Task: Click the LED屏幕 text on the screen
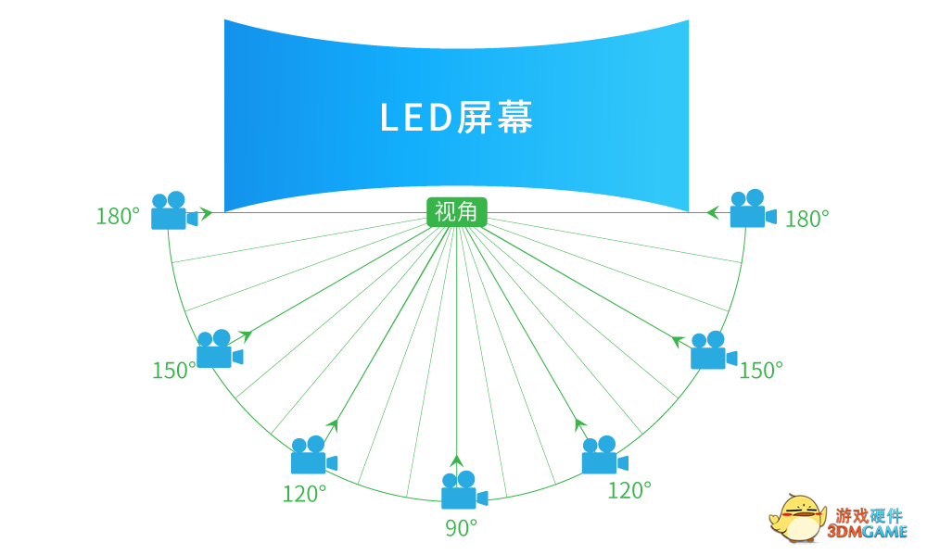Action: (x=457, y=118)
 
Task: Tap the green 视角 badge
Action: (x=456, y=212)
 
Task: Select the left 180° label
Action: (x=118, y=217)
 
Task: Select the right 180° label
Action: (x=807, y=219)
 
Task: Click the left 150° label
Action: (x=174, y=371)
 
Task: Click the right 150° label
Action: (x=761, y=371)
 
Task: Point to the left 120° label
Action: (x=305, y=494)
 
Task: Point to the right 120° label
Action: (x=629, y=490)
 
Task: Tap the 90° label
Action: (x=461, y=528)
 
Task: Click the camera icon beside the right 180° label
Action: (x=751, y=209)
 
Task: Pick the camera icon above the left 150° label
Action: (x=219, y=349)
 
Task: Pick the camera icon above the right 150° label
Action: (x=712, y=350)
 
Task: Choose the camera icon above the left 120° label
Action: (x=312, y=455)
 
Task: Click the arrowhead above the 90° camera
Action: (x=456, y=460)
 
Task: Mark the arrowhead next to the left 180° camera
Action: (x=206, y=213)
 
